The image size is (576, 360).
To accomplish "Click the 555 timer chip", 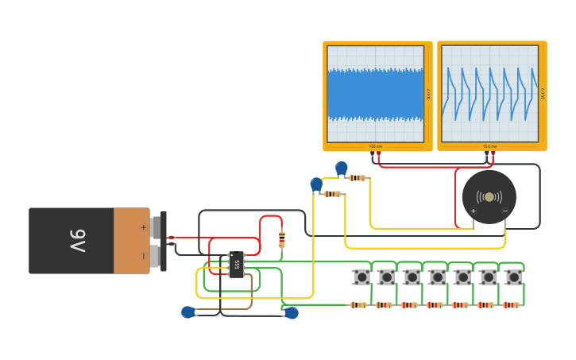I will pyautogui.click(x=236, y=265).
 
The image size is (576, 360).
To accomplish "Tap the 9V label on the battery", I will pyautogui.click(x=77, y=241).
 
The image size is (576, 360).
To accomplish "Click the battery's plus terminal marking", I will pyautogui.click(x=143, y=227).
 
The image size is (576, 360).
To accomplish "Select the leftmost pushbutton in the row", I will pyautogui.click(x=361, y=277).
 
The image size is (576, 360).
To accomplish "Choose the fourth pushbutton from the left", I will pyautogui.click(x=438, y=277).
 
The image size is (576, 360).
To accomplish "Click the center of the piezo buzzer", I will pyautogui.click(x=489, y=197).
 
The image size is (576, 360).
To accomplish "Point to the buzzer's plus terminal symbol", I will pyautogui.click(x=474, y=211).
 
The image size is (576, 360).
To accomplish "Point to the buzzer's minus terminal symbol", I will pyautogui.click(x=505, y=211).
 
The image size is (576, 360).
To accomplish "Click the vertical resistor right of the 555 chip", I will pyautogui.click(x=281, y=238).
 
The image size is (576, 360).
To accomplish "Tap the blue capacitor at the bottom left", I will pyautogui.click(x=188, y=312).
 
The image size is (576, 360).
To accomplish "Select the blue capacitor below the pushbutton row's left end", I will pyautogui.click(x=292, y=313).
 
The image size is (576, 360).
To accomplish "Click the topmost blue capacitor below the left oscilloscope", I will pyautogui.click(x=342, y=168).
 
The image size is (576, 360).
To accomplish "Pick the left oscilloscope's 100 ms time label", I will pyautogui.click(x=374, y=146).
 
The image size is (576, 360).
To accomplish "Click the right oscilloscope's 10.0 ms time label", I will pyautogui.click(x=489, y=146).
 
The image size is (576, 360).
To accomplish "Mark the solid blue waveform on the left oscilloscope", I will pyautogui.click(x=375, y=94).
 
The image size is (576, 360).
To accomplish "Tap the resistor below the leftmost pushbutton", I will pyautogui.click(x=358, y=305).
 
